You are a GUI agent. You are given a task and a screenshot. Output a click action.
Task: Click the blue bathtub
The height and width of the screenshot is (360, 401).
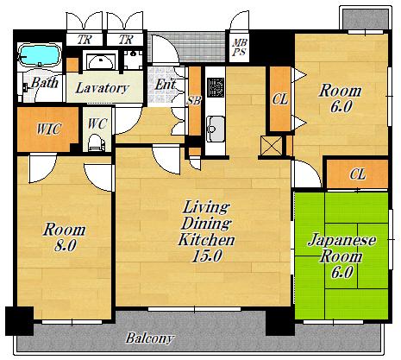pyautogui.click(x=40, y=55)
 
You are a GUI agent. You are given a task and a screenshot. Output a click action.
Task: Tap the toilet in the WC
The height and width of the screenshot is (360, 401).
pyautogui.click(x=95, y=142)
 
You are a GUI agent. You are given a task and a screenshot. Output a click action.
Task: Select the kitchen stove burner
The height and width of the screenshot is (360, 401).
pyautogui.click(x=216, y=87)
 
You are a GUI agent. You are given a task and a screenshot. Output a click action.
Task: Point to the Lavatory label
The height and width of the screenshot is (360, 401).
pyautogui.click(x=102, y=88)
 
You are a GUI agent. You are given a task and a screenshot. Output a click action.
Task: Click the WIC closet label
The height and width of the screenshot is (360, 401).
pyautogui.click(x=48, y=129)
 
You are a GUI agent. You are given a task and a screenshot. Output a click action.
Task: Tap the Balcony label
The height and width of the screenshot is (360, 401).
pyautogui.click(x=149, y=338)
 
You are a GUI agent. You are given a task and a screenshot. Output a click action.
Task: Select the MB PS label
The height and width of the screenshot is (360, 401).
pyautogui.click(x=240, y=47)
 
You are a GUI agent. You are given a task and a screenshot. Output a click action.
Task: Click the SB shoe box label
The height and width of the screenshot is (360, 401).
pyautogui.click(x=194, y=100)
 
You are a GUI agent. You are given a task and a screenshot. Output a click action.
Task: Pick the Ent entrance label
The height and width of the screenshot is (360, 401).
pyautogui.click(x=166, y=85)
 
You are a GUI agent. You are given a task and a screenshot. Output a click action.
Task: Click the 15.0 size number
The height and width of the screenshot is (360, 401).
pyautogui.click(x=207, y=256)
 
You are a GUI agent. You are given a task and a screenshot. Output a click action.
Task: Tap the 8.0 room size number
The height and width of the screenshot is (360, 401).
pyautogui.click(x=66, y=246)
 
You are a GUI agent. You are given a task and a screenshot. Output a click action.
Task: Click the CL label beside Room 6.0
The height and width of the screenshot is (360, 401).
pyautogui.click(x=280, y=99)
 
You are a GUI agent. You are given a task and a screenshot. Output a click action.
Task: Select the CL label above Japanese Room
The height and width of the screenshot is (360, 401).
pyautogui.click(x=358, y=174)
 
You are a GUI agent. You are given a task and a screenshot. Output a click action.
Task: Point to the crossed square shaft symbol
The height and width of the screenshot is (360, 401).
pyautogui.click(x=272, y=146)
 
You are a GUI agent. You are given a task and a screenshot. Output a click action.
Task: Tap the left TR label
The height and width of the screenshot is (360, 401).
pyautogui.click(x=85, y=40)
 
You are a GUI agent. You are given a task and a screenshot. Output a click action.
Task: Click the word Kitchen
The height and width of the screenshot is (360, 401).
pyautogui.click(x=206, y=240)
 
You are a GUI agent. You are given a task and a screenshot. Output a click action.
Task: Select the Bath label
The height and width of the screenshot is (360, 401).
pyautogui.click(x=44, y=83)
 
